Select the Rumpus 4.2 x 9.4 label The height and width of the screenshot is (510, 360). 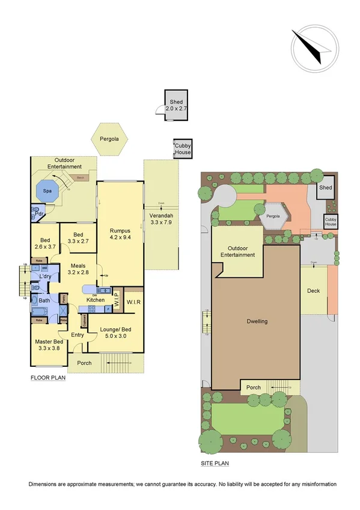pos(120,233)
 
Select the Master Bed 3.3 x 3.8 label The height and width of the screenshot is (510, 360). pos(50,346)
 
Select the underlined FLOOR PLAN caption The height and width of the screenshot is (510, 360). pos(48,378)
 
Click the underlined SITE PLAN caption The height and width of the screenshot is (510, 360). pos(215,464)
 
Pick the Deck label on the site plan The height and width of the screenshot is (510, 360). pos(313,291)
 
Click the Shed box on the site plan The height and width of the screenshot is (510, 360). pos(325,188)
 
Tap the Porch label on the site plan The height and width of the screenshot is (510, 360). pos(254,387)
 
